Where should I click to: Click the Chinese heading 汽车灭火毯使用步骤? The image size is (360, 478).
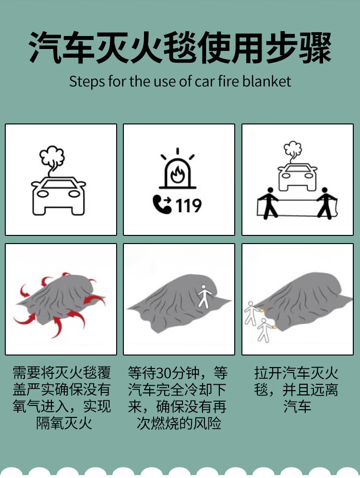pos(180,48)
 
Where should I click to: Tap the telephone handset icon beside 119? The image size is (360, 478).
pos(162,205)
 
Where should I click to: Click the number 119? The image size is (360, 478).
pos(188,206)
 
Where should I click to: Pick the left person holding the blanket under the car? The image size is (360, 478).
pos(269,203)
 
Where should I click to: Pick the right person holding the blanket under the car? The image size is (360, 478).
pos(326,203)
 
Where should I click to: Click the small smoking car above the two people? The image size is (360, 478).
pos(297,177)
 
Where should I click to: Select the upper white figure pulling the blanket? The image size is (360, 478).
pos(252,313)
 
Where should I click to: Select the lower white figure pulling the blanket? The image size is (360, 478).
pos(264,331)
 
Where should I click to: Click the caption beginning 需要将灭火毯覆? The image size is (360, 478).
pos(62,398)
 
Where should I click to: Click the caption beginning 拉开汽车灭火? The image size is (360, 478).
pos(297,390)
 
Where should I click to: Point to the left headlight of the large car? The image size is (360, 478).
pos(43,194)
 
